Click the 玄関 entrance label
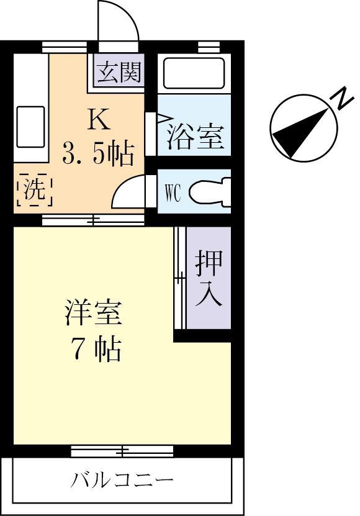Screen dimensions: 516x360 [x=119, y=73]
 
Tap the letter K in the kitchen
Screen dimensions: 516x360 [x=98, y=119]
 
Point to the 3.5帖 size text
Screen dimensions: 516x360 [x=98, y=152]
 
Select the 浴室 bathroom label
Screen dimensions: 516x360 [x=194, y=136]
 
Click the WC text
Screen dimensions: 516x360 [x=172, y=193]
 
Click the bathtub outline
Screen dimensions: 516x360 [x=194, y=74]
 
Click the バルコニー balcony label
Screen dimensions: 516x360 [x=122, y=480]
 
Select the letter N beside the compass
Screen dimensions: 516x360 [x=341, y=98]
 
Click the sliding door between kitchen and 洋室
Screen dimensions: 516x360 [x=93, y=219]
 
